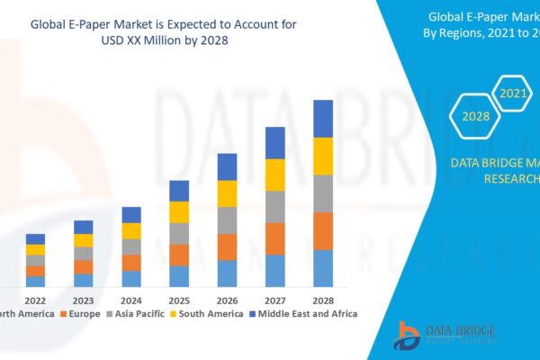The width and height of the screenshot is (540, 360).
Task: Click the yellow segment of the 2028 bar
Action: pyautogui.click(x=323, y=156)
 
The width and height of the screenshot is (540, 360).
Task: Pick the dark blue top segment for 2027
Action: pyautogui.click(x=275, y=142)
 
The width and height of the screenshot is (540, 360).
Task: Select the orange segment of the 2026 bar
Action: pyautogui.click(x=227, y=247)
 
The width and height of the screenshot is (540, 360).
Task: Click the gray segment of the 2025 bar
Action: pyautogui.click(x=179, y=233)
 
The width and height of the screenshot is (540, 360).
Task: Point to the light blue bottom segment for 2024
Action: pyautogui.click(x=131, y=279)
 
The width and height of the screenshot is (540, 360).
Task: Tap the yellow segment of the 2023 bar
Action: pyautogui.click(x=84, y=240)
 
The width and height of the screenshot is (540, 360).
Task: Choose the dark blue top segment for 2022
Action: pyautogui.click(x=35, y=238)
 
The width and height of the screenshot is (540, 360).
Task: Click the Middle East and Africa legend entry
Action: pyautogui.click(x=306, y=314)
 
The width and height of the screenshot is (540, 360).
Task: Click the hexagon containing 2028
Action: pyautogui.click(x=474, y=116)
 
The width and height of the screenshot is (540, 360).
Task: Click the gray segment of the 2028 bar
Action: pyautogui.click(x=323, y=193)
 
